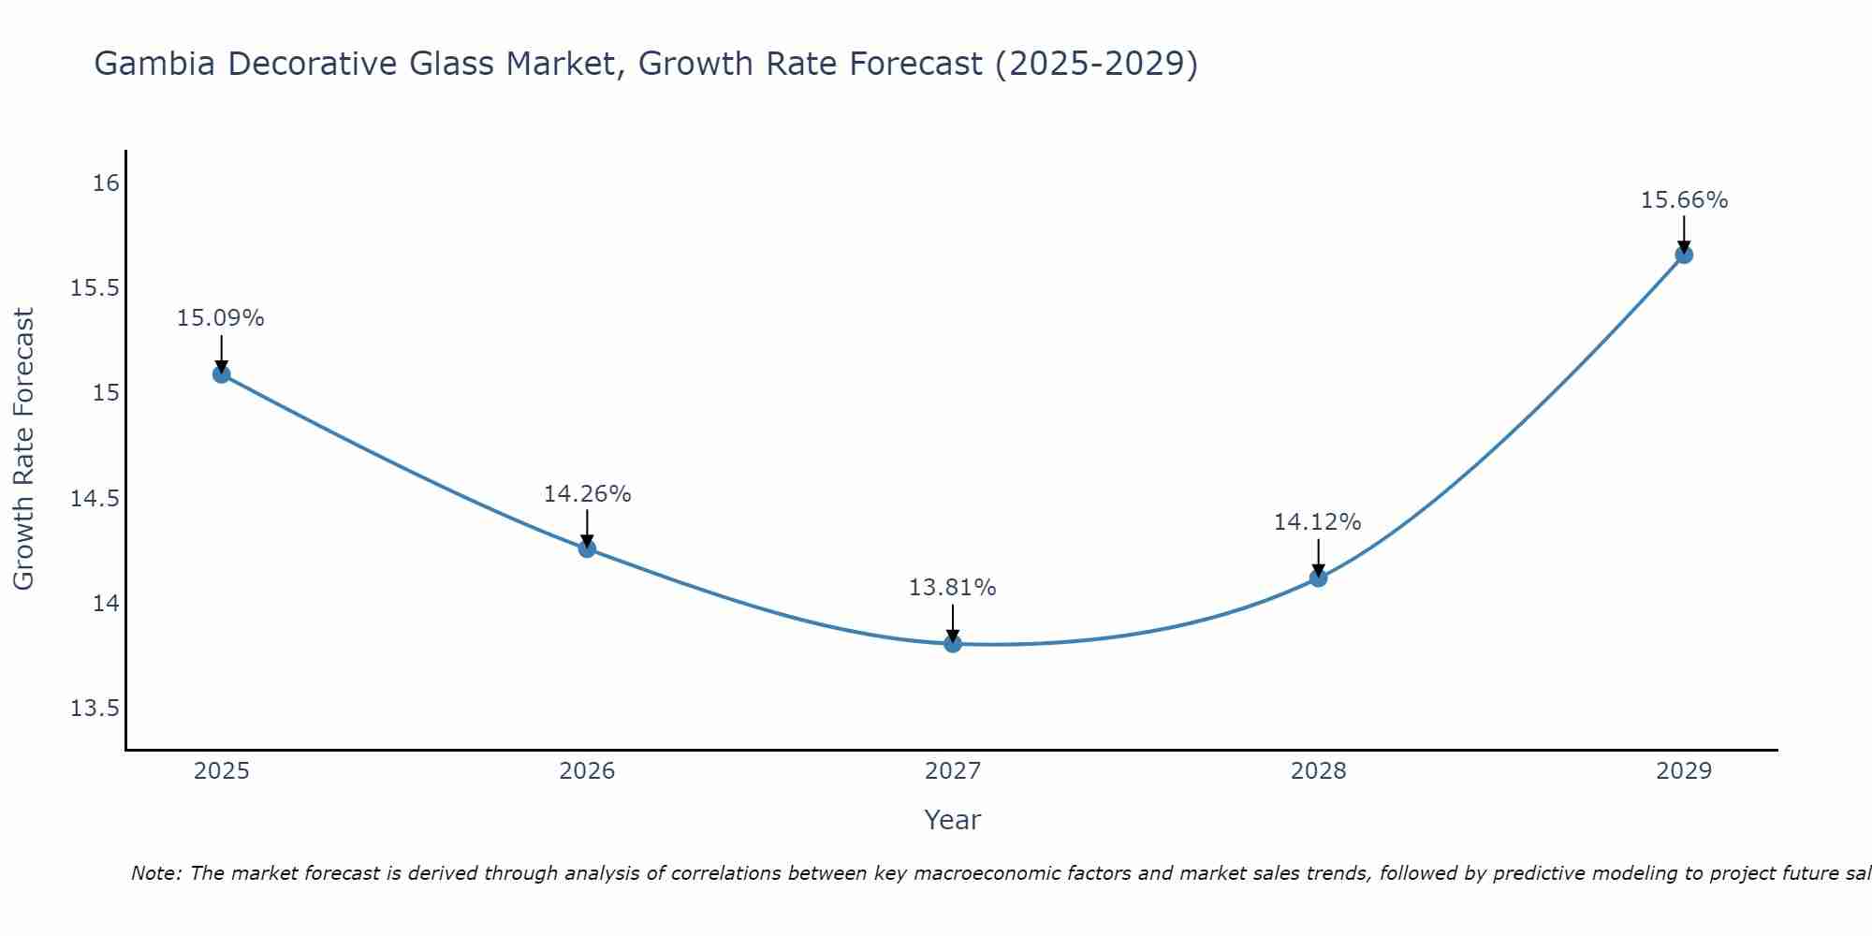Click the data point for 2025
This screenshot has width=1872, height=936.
pos(222,374)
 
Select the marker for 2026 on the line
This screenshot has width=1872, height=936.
pos(587,548)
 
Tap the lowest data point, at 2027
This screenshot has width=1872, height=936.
pos(953,643)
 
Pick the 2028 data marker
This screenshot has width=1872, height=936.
pos(1318,578)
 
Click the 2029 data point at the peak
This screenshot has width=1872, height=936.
pos(1684,255)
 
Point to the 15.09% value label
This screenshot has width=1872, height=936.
pos(221,318)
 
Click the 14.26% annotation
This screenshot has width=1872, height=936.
pos(587,493)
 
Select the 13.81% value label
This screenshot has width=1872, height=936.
pos(952,588)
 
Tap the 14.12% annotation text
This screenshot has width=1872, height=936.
pos(1317,522)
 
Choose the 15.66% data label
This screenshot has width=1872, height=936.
pos(1684,200)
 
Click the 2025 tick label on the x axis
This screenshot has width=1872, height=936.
pos(222,771)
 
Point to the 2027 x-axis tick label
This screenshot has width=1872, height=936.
pos(953,771)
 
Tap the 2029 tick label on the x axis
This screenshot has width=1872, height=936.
pos(1684,771)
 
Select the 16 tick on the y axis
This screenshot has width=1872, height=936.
pos(106,183)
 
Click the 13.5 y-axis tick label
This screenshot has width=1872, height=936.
pos(95,709)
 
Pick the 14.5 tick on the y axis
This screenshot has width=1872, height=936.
pos(95,498)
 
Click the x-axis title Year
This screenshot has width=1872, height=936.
pos(952,820)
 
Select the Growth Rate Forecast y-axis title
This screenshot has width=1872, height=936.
pos(24,449)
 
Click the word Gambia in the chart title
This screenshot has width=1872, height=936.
pos(154,65)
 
